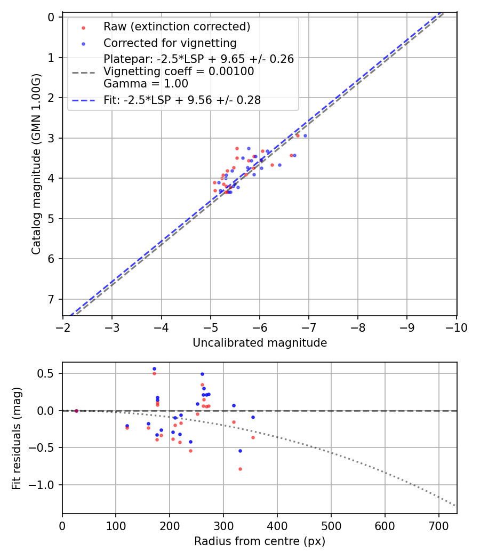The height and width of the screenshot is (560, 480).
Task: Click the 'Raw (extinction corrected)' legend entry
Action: click(x=177, y=27)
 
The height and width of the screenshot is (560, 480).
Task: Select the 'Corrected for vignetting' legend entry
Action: click(x=170, y=43)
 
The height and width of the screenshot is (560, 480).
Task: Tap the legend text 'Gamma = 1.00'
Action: click(x=146, y=83)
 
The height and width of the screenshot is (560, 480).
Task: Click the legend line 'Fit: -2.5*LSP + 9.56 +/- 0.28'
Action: click(x=182, y=100)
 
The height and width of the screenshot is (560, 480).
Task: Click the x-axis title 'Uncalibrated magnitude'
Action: click(x=260, y=343)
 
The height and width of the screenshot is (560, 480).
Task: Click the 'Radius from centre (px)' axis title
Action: click(x=260, y=541)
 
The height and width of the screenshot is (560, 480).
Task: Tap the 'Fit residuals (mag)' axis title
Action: click(x=17, y=438)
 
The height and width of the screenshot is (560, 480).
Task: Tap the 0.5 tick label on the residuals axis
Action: click(x=47, y=373)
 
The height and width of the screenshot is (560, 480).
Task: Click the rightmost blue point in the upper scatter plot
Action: click(x=305, y=135)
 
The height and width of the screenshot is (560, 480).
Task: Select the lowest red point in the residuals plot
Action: click(x=240, y=469)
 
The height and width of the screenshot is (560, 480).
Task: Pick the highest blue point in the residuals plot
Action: click(x=154, y=369)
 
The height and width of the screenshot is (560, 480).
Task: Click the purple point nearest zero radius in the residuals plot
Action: click(x=76, y=411)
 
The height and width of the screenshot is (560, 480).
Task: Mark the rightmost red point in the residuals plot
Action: click(x=253, y=437)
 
